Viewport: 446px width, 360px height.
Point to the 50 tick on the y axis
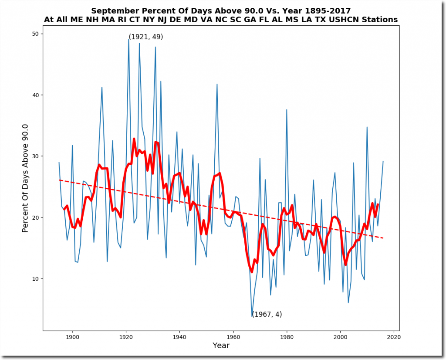[43, 34]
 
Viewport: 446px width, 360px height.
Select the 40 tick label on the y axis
[35, 95]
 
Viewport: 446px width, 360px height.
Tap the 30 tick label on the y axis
[35, 156]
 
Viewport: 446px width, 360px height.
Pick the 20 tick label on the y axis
[35, 217]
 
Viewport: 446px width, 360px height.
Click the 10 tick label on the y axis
[35, 278]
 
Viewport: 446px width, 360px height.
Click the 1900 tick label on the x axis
[72, 336]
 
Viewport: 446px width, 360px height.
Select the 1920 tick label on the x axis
[126, 336]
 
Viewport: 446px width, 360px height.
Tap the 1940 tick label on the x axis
[179, 336]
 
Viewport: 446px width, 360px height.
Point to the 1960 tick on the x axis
[233, 331]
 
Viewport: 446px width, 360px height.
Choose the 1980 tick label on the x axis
[287, 336]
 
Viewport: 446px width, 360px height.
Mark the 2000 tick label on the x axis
[340, 336]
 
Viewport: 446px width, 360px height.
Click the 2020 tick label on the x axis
[394, 336]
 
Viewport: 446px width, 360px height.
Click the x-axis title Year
[221, 346]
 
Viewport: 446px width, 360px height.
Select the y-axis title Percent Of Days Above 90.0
[25, 178]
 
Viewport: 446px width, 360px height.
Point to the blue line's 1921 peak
[128, 39]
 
